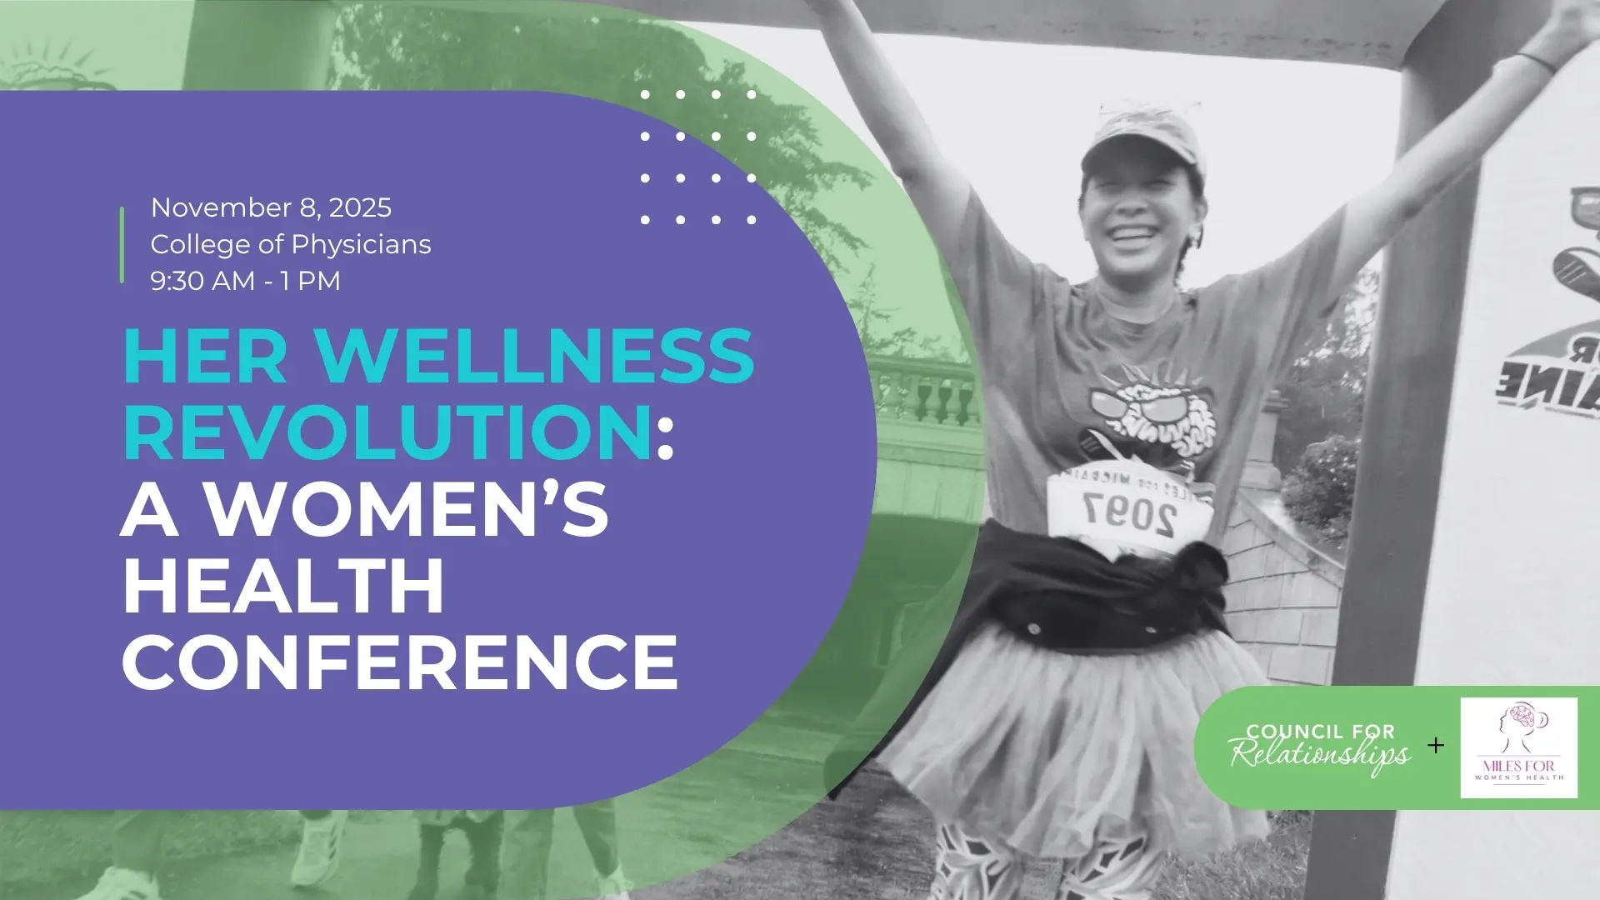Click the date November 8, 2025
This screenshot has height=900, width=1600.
(x=271, y=207)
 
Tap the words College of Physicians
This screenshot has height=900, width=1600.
(x=291, y=244)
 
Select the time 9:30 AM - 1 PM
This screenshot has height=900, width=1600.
(x=245, y=281)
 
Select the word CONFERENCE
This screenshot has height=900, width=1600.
(x=400, y=663)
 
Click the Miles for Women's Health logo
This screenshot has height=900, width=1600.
(x=1518, y=747)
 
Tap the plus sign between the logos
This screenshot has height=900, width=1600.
(x=1435, y=745)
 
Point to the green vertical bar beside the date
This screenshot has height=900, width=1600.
(x=122, y=244)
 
